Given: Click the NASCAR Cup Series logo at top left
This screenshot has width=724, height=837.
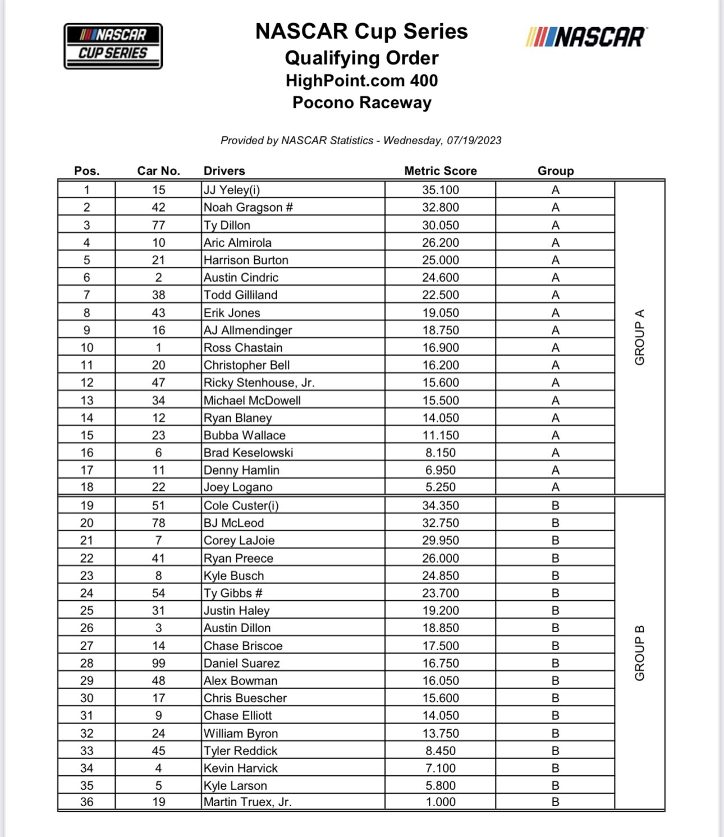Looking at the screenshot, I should click(113, 46).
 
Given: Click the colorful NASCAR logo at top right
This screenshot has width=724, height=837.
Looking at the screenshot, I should click(586, 37).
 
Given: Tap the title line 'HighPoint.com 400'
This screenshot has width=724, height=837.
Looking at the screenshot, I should click(361, 81).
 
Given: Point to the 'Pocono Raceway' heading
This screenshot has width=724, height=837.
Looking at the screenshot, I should click(361, 103).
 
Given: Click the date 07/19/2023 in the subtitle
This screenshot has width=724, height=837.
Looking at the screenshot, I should click(474, 140).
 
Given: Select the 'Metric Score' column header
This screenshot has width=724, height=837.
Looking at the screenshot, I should click(440, 171).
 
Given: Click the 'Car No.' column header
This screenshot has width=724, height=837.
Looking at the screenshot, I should click(158, 171).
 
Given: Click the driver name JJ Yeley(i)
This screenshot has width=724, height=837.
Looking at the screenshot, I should click(232, 190).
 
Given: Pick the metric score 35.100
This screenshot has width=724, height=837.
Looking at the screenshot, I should click(440, 190).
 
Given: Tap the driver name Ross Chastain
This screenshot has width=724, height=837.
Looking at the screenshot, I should click(243, 347).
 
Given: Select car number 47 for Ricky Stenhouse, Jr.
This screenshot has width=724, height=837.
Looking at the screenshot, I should click(158, 383).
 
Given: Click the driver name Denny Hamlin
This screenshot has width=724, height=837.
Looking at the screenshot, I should click(241, 470).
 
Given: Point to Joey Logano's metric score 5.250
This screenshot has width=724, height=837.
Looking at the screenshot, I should click(440, 487).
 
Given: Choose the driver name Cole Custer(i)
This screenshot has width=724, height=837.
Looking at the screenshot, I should click(241, 505).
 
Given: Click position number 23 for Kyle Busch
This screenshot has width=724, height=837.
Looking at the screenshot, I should click(86, 576).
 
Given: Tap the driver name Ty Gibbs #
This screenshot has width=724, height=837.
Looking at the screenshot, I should click(233, 593).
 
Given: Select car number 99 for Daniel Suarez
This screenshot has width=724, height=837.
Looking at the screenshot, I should click(158, 663).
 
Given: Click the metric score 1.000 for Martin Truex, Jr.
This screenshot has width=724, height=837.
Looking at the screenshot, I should click(440, 802).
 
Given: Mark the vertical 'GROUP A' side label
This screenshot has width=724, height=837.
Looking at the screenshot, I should click(639, 337).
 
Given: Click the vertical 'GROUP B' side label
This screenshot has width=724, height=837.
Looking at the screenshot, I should click(639, 652).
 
